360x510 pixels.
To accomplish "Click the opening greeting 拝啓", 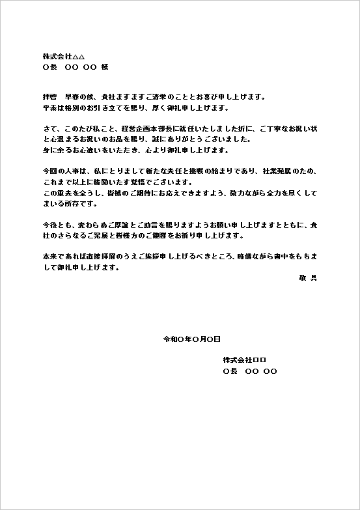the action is coord(49,97).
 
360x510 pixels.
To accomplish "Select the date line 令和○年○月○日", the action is coord(191,339).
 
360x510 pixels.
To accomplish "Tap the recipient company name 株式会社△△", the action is coord(64,57).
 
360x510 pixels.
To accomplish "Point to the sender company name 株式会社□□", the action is coord(245,360).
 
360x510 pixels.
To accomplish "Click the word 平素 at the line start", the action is coord(49,107).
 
